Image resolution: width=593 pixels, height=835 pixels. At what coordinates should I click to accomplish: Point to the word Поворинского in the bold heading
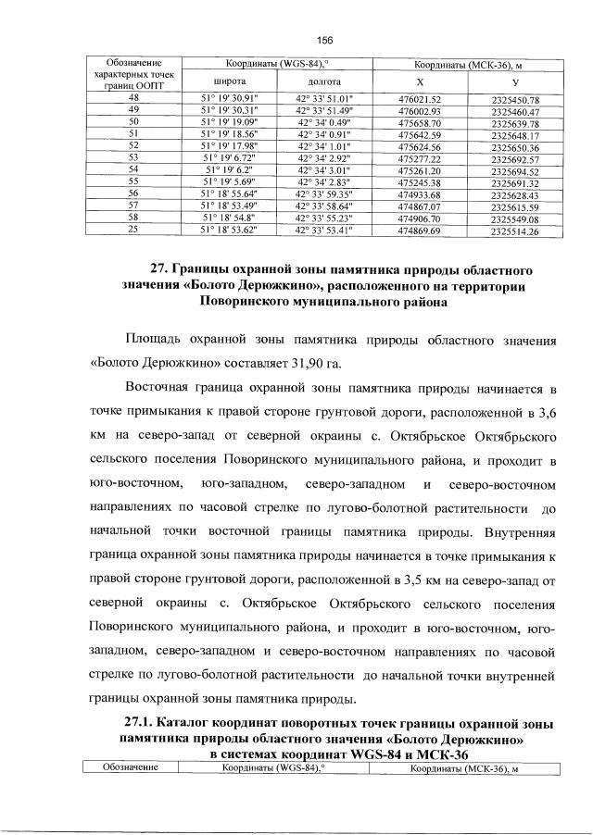(x=252, y=301)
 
